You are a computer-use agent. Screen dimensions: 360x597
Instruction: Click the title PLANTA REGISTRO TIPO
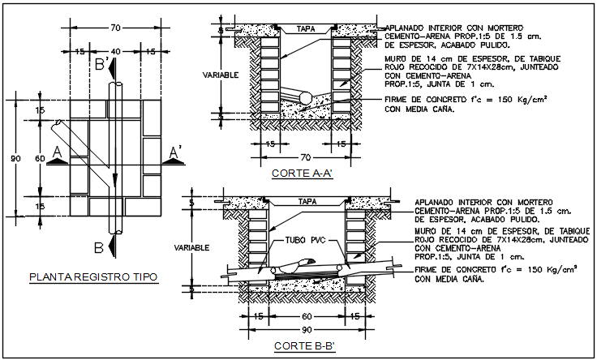[x=93, y=277]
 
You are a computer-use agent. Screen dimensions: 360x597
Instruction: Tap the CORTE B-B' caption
[x=299, y=346]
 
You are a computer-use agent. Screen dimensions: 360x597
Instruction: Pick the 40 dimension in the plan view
[x=116, y=51]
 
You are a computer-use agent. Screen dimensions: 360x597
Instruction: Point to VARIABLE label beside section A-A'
[x=220, y=75]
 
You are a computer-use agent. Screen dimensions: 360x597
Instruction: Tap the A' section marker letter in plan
[x=174, y=152]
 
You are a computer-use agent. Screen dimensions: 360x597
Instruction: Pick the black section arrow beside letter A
[x=57, y=161]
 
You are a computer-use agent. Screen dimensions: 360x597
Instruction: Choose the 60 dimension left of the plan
[x=40, y=159]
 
